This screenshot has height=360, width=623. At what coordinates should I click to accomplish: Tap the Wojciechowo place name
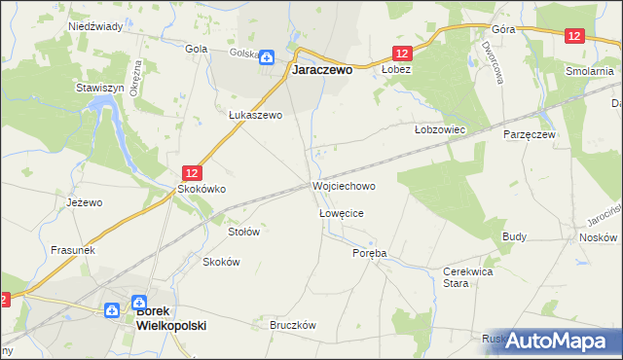coord(344,185)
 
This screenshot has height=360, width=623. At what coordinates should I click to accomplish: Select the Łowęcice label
coord(341,212)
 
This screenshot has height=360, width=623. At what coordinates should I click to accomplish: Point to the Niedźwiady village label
coord(94,26)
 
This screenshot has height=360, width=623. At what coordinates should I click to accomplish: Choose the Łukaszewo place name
coord(255,114)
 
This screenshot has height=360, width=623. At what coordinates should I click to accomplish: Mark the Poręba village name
coord(369,253)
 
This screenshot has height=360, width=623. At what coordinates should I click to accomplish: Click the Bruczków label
coord(294,326)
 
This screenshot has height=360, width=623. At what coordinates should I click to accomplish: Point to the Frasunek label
coord(73,249)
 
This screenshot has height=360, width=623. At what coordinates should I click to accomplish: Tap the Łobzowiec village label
coord(441,128)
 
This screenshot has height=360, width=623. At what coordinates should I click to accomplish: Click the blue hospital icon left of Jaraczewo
coord(267,55)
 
